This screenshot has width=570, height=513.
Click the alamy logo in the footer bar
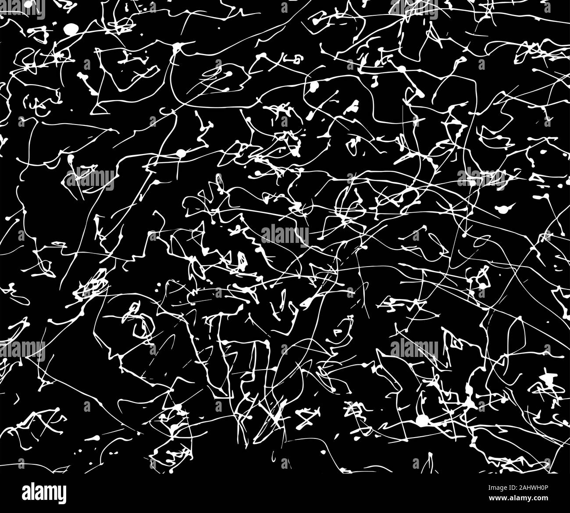(x=44, y=492)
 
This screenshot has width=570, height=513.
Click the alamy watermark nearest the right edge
(x=481, y=178)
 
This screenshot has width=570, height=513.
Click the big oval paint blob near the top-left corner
(x=71, y=29)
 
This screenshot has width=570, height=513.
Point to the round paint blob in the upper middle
(x=314, y=86)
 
